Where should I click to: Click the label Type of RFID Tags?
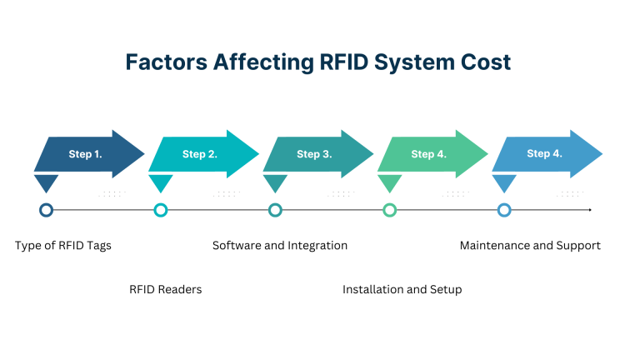pyautogui.click(x=63, y=246)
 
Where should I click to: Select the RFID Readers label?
pyautogui.click(x=166, y=289)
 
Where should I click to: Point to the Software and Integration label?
pyautogui.click(x=280, y=246)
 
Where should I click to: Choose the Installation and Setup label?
pyautogui.click(x=402, y=289)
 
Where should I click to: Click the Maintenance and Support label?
pyautogui.click(x=530, y=246)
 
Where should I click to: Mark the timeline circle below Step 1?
pyautogui.click(x=47, y=210)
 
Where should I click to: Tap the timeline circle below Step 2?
pyautogui.click(x=161, y=210)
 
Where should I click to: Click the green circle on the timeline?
pyautogui.click(x=389, y=210)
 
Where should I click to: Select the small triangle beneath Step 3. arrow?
pyautogui.click(x=275, y=182)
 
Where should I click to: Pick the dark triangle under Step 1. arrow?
pyautogui.click(x=47, y=182)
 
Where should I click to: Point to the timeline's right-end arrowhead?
pyautogui.click(x=589, y=210)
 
